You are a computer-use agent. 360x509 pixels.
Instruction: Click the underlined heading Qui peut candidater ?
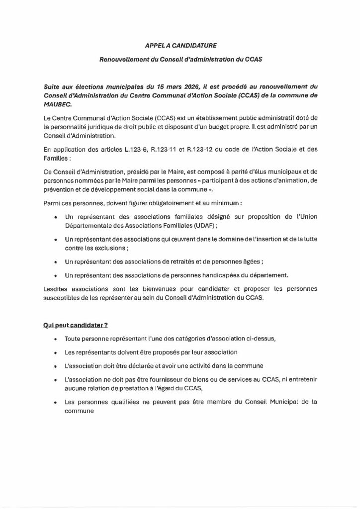point(75,325)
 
